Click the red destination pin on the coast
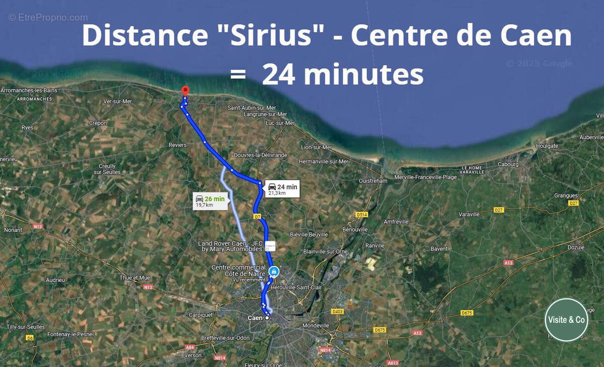(185, 90)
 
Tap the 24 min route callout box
(282, 189)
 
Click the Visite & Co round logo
(566, 320)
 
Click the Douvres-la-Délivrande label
(261, 155)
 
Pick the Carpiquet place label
(200, 315)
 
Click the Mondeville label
(316, 325)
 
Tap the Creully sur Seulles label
(104, 169)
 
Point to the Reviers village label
(177, 145)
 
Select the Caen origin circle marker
(267, 318)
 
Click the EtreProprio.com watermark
(48, 18)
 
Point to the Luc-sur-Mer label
(280, 123)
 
